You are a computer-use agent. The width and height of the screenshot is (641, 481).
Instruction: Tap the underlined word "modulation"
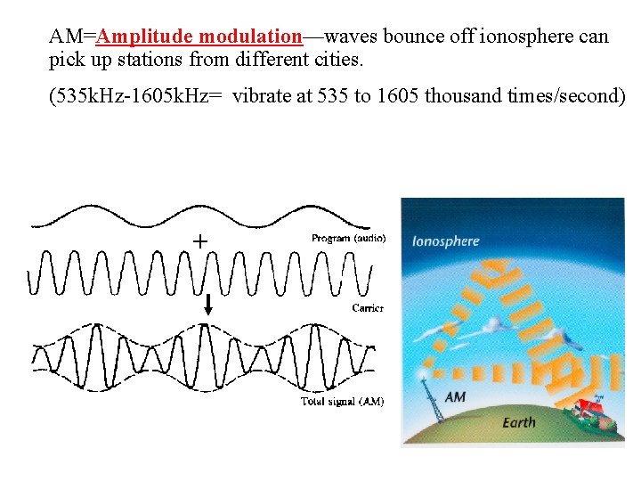coord(251,37)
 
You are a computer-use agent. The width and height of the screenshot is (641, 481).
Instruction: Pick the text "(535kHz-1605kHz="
coord(135,96)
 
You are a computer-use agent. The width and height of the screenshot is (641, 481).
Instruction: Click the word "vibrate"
coord(263,96)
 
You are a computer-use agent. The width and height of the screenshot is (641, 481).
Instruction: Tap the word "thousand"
coord(463,96)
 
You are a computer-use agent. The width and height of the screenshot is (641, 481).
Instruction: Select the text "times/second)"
coord(565,96)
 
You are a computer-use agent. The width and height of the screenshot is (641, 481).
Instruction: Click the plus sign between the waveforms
coord(201,240)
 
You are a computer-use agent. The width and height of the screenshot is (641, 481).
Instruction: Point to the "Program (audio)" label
coord(349,239)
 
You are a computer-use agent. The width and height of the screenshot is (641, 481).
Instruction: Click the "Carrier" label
coord(367,308)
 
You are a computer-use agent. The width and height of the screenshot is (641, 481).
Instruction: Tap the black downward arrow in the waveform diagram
coord(208,304)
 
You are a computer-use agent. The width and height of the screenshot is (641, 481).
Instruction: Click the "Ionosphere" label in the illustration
coord(445,241)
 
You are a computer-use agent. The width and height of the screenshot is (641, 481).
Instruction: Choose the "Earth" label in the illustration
coord(519,422)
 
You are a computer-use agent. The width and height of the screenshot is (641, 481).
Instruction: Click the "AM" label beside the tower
coord(455,396)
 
